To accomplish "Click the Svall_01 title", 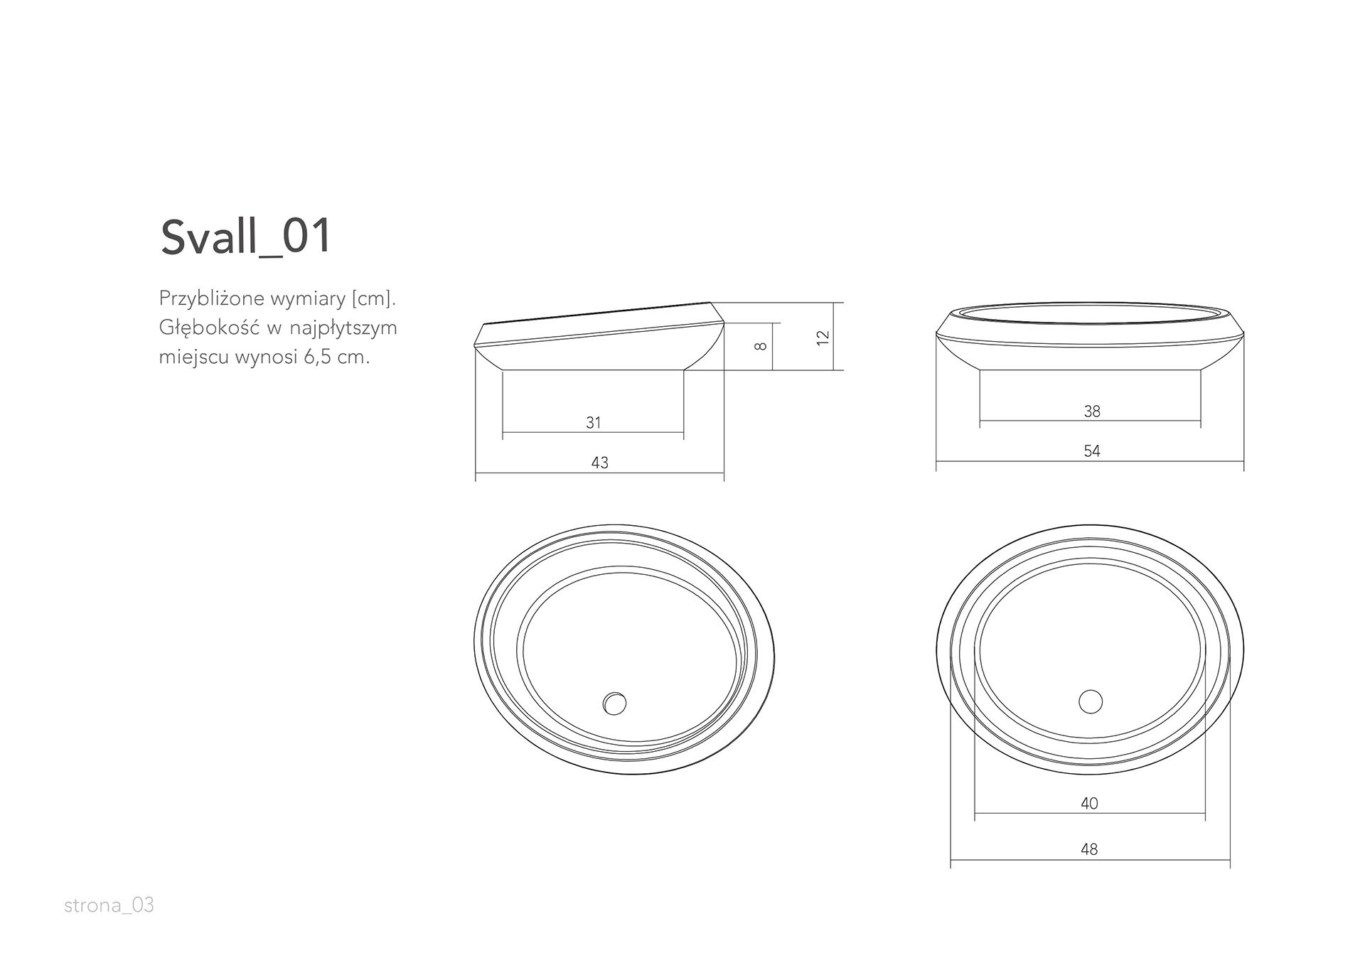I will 246,237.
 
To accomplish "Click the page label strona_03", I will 109,905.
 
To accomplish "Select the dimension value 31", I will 594,423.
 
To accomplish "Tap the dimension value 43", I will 599,463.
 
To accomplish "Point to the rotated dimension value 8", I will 760,346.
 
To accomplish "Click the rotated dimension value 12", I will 823,338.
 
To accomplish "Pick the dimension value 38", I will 1092,411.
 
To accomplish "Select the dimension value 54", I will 1092,451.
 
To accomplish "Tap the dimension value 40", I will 1089,804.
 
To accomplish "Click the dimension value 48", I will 1089,849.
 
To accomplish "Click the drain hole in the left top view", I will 614,703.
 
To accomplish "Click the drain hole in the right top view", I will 1090,701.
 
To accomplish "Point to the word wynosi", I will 265,357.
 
